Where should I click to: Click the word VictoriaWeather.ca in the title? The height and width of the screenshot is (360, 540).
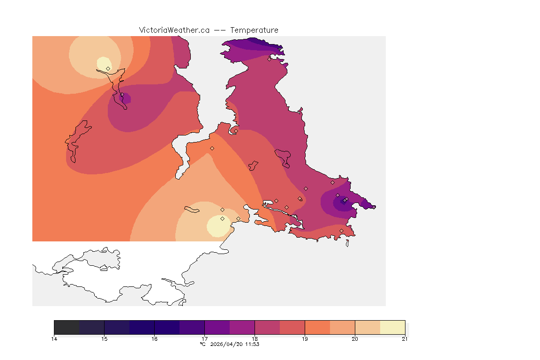click(x=174, y=30)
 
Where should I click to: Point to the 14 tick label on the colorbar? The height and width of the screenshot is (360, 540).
click(x=54, y=339)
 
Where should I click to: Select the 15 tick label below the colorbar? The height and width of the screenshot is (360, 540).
click(x=104, y=339)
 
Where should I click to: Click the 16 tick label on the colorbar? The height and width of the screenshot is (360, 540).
click(x=154, y=339)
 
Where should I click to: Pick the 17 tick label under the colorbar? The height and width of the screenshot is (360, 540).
click(x=204, y=339)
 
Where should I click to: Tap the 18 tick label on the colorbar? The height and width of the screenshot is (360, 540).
click(x=255, y=339)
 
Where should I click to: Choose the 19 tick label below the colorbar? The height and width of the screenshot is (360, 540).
click(x=305, y=339)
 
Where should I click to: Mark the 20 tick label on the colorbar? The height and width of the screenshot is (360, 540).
click(x=355, y=339)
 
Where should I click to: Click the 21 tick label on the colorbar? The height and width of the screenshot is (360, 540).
click(x=405, y=339)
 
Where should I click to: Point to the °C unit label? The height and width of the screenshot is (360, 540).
click(x=203, y=344)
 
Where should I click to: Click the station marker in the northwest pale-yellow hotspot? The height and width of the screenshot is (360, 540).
click(x=108, y=68)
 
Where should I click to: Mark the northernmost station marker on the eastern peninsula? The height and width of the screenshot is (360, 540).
click(x=270, y=59)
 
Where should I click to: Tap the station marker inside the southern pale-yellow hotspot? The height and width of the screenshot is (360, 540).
click(x=222, y=218)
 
